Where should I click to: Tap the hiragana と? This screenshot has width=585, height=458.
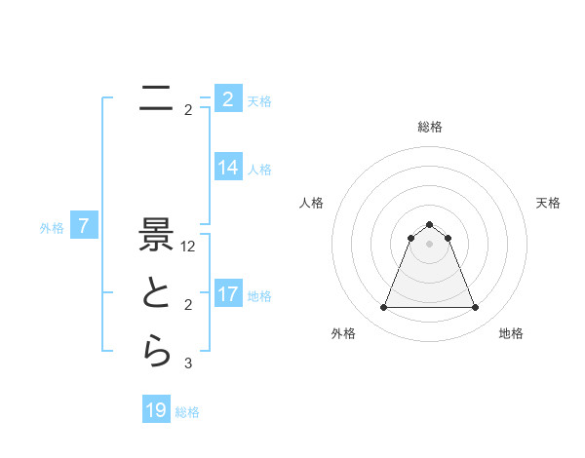(x=156, y=294)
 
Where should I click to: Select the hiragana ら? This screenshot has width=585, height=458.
(x=156, y=351)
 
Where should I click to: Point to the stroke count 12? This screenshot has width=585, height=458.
(x=188, y=248)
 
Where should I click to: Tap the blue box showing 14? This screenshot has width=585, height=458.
(x=228, y=168)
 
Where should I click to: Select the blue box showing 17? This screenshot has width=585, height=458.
(x=228, y=294)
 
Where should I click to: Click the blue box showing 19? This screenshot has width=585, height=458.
(x=156, y=410)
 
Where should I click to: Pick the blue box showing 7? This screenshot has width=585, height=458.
(x=84, y=227)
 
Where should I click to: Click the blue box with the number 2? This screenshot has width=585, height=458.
(x=228, y=99)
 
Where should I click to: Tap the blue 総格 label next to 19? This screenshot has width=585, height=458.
(x=187, y=412)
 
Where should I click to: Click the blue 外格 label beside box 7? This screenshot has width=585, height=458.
(x=52, y=229)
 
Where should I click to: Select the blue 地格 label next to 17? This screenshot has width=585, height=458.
(x=260, y=296)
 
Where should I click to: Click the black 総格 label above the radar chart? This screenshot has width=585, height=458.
(x=429, y=127)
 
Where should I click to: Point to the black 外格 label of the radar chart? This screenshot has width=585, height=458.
(x=342, y=333)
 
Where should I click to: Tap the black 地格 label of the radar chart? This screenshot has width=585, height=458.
(x=511, y=333)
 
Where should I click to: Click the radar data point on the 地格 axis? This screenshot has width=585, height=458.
(x=475, y=308)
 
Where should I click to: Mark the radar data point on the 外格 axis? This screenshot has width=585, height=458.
(x=383, y=308)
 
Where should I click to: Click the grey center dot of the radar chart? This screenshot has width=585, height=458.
(x=429, y=244)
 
